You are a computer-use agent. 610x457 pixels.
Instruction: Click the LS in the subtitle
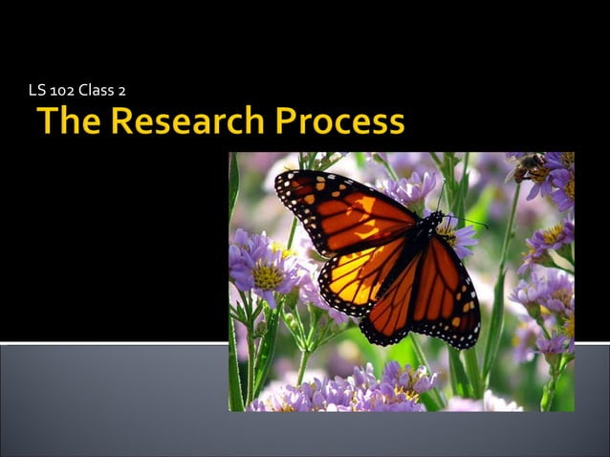[x=37, y=91]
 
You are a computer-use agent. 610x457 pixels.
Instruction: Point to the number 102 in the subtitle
[x=65, y=91]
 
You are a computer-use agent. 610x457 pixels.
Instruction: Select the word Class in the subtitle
[x=98, y=91]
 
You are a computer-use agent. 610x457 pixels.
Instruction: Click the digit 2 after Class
[x=122, y=91]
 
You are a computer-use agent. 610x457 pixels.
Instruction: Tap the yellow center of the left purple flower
[x=267, y=276]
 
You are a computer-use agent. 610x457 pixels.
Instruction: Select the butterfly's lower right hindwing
[x=440, y=306]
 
